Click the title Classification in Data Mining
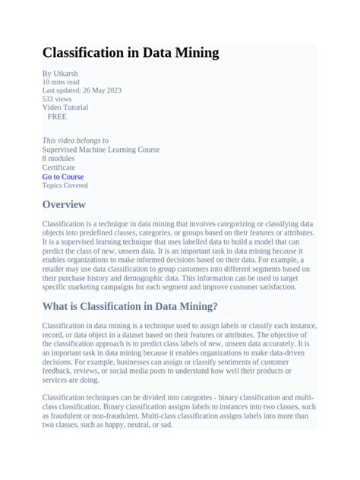point(131,53)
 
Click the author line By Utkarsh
point(59,73)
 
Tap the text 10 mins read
point(60,81)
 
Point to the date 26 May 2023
point(102,90)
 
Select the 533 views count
point(57,99)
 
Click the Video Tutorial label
point(65,108)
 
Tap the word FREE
point(57,117)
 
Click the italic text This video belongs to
point(75,141)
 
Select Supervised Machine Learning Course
point(101,150)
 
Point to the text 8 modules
point(58,159)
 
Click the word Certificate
point(58,168)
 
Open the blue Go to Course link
point(63,177)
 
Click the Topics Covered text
point(65,185)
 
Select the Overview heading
point(64,205)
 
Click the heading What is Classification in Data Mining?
point(130,306)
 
